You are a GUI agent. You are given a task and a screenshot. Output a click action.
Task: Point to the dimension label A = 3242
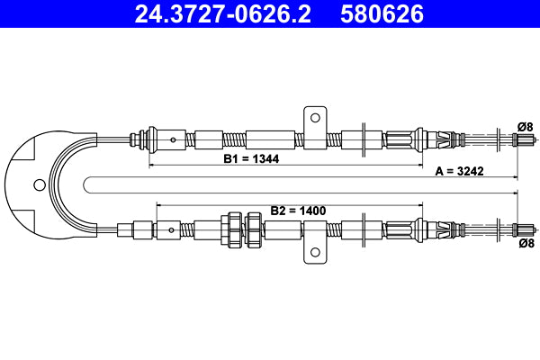[x=460, y=170]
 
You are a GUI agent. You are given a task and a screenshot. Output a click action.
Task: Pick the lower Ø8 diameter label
[x=527, y=243]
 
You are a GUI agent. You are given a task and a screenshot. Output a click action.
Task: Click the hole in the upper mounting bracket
[x=314, y=116]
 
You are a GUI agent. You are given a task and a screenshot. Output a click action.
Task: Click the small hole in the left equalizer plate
[x=39, y=185]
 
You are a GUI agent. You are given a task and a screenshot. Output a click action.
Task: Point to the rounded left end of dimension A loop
[x=87, y=184]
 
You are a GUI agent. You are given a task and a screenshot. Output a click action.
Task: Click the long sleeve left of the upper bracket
[x=269, y=139]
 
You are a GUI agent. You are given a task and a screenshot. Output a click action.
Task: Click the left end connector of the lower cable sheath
[x=140, y=228]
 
